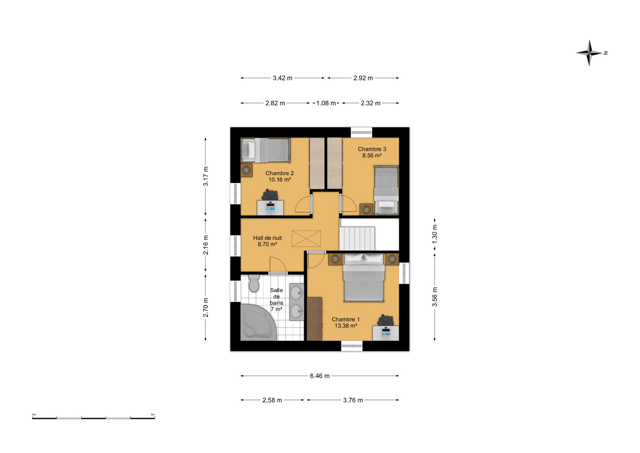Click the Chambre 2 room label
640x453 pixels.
pyautogui.click(x=280, y=176)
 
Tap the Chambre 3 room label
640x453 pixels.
pyautogui.click(x=372, y=152)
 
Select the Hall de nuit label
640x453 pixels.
pyautogui.click(x=267, y=241)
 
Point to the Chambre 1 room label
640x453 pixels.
pyautogui.click(x=346, y=322)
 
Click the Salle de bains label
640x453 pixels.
pyautogui.click(x=276, y=299)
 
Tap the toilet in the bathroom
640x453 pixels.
pyautogui.click(x=254, y=283)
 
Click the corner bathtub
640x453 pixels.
pyautogui.click(x=258, y=322)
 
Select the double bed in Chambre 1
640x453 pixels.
pyautogui.click(x=364, y=278)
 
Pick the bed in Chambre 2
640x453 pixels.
pyautogui.click(x=265, y=150)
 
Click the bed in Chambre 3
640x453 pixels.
pyautogui.click(x=386, y=190)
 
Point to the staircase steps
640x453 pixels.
pyautogui.click(x=357, y=238)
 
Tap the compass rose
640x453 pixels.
pyautogui.click(x=589, y=53)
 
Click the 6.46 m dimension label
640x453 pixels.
pyautogui.click(x=320, y=376)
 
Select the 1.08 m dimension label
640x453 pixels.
pyautogui.click(x=326, y=103)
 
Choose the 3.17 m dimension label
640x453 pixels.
pyautogui.click(x=206, y=176)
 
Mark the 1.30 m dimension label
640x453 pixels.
pyautogui.click(x=435, y=234)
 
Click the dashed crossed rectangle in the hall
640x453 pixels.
pyautogui.click(x=306, y=239)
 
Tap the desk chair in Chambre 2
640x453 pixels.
pyautogui.click(x=270, y=195)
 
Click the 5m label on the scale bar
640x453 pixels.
pyautogui.click(x=153, y=415)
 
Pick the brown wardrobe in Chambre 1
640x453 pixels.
pyautogui.click(x=314, y=319)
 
